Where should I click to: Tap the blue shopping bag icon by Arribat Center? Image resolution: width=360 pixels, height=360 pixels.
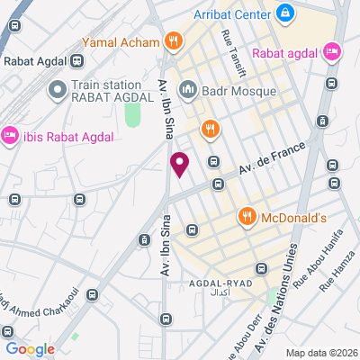tap(284, 13)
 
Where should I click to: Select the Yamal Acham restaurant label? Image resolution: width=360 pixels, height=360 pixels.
tap(120, 41)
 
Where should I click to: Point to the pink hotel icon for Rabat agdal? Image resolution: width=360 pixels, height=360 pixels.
tap(330, 50)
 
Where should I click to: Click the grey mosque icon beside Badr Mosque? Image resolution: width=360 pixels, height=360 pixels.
tap(188, 89)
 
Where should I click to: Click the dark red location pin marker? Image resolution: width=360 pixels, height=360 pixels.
tap(179, 164)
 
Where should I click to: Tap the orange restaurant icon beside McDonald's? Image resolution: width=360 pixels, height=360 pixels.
tap(246, 216)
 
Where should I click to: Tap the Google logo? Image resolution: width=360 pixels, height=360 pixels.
tap(30, 348)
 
